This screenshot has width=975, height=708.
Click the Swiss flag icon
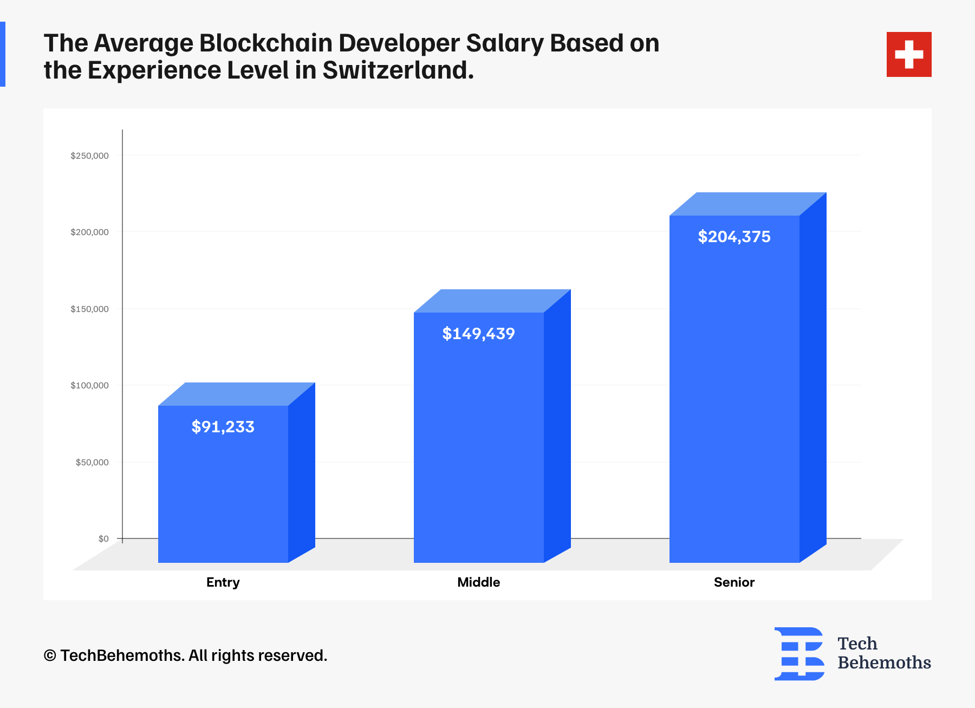(x=909, y=54)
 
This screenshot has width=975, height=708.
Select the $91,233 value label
(x=223, y=427)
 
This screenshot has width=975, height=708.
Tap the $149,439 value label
(x=478, y=334)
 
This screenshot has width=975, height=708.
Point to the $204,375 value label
(x=734, y=237)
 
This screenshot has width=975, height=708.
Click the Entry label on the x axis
(x=223, y=582)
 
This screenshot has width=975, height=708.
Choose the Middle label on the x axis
(x=478, y=582)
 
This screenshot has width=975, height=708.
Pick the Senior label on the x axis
(x=734, y=582)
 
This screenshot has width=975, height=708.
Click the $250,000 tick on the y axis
(x=89, y=156)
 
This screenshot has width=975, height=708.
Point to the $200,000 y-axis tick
(x=89, y=232)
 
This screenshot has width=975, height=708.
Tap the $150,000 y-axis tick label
(x=89, y=309)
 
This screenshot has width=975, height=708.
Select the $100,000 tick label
(x=89, y=386)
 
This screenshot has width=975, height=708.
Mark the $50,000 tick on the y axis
(x=92, y=463)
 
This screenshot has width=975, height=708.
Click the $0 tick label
(x=103, y=539)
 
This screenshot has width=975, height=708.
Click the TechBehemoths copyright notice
(x=185, y=655)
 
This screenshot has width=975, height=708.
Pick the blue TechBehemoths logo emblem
(x=799, y=653)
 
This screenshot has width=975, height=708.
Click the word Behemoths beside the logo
(x=884, y=662)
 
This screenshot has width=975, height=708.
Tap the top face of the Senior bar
(x=748, y=204)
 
